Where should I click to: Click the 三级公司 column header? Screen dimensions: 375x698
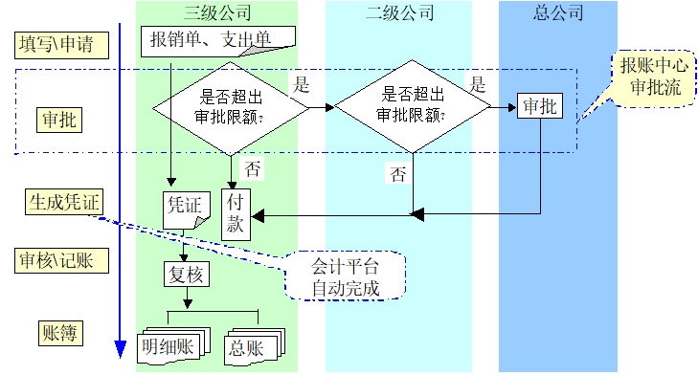tap(217, 13)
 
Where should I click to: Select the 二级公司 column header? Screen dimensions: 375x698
tap(398, 13)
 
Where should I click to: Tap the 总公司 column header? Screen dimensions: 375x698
tap(557, 13)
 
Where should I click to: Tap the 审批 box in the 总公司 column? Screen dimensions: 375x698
tap(539, 106)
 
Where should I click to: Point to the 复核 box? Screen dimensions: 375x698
tap(183, 276)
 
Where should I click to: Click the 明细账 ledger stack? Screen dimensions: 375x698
tap(169, 345)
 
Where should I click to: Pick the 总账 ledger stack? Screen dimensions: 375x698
tap(253, 345)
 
